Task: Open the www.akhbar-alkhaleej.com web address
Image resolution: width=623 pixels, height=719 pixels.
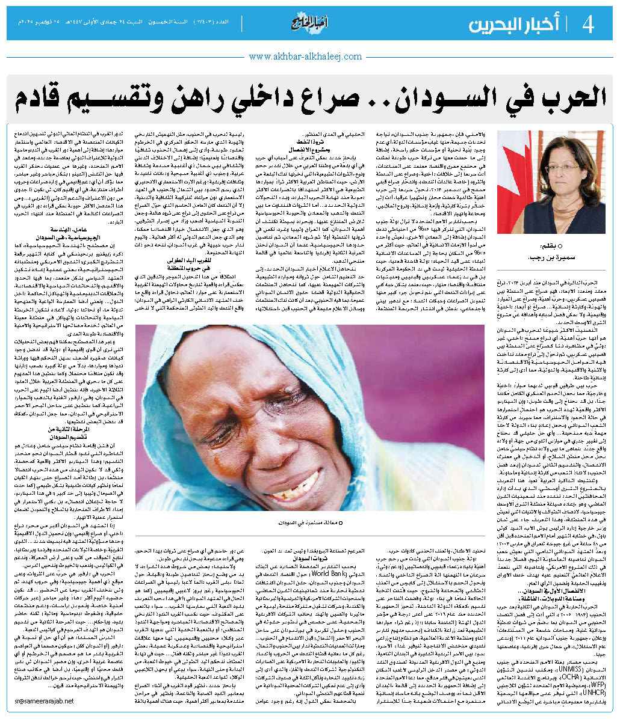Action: coord(305,57)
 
